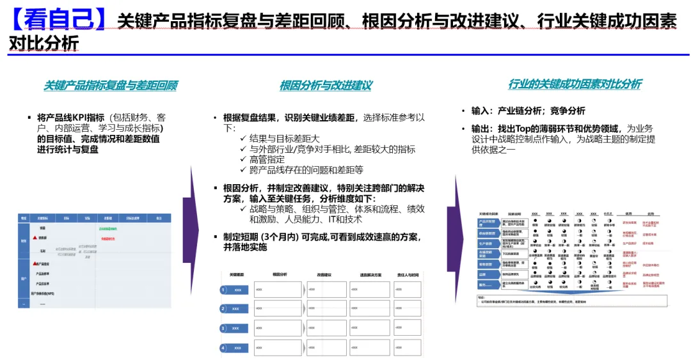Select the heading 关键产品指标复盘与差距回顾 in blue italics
(x=110, y=86)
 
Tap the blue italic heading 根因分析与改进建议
(x=326, y=86)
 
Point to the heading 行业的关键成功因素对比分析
(x=574, y=84)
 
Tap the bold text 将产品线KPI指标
(x=70, y=118)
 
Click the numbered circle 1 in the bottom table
(x=223, y=290)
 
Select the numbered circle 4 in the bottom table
(x=223, y=348)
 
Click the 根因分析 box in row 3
(x=277, y=328)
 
